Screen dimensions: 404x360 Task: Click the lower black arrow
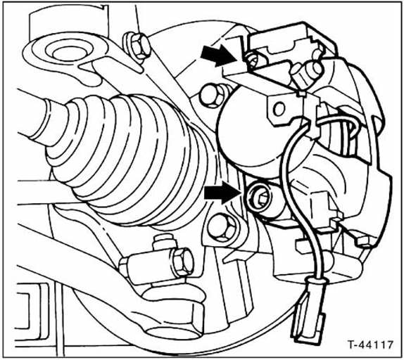[222, 192]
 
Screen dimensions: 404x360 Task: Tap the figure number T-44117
[370, 345]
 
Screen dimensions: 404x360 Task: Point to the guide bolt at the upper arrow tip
[252, 61]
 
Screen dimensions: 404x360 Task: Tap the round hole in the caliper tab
[279, 109]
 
